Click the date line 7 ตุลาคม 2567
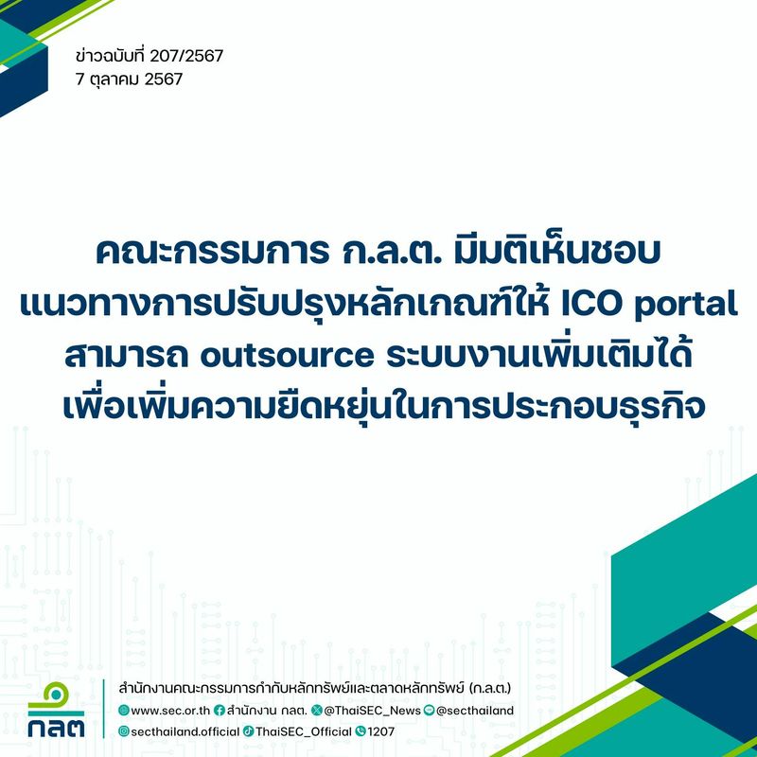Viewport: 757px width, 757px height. click(129, 79)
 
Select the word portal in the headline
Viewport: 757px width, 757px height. click(677, 303)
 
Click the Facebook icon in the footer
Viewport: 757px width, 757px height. click(220, 710)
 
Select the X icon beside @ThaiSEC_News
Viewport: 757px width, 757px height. click(316, 710)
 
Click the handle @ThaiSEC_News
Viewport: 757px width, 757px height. click(372, 710)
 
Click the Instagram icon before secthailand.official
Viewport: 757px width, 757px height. click(123, 731)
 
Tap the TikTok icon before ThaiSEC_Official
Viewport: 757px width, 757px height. click(248, 731)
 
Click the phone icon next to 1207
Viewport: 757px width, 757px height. click(361, 731)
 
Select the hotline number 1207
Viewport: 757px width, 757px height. click(381, 731)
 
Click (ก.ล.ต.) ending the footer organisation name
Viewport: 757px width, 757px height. click(484, 687)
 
